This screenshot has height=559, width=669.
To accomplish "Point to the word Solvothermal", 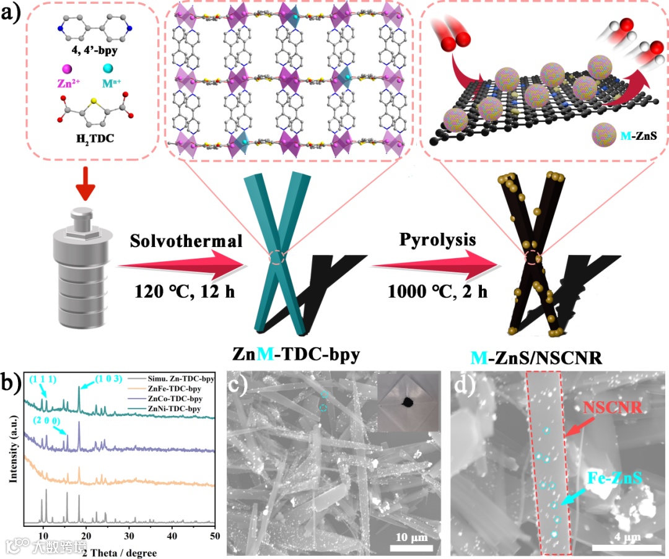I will [186, 241].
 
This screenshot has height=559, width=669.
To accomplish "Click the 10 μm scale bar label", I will [411, 536].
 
